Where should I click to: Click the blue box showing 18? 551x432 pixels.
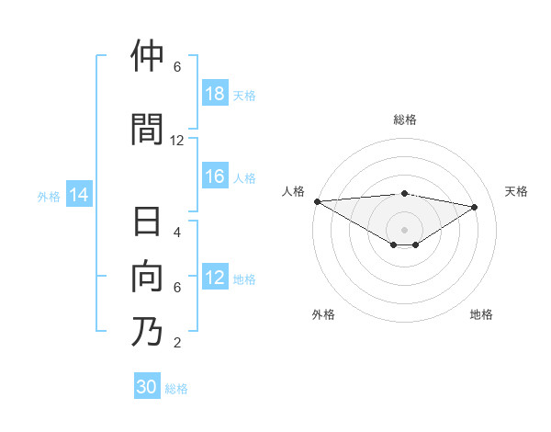pos(215,95)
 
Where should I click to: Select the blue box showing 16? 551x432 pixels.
pos(215,177)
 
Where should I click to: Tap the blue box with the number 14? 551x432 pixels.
pos(79,195)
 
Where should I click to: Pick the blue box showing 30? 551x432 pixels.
pos(147,387)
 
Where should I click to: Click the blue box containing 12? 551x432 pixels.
pos(215,279)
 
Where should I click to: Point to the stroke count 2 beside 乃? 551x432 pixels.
pos(177,343)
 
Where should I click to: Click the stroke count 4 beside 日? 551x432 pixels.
pos(177,232)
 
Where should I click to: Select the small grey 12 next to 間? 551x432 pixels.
pos(177,140)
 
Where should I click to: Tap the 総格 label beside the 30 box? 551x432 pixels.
pos(177,389)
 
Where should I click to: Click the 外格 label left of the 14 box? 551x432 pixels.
pos(49,196)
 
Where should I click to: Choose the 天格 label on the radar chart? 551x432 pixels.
pos(517,191)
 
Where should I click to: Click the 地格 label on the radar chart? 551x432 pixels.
pos(481,314)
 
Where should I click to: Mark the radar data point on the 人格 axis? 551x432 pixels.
pos(317,201)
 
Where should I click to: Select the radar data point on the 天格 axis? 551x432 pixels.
pos(475,207)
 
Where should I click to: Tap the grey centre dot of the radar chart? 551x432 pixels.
pos(404,229)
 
